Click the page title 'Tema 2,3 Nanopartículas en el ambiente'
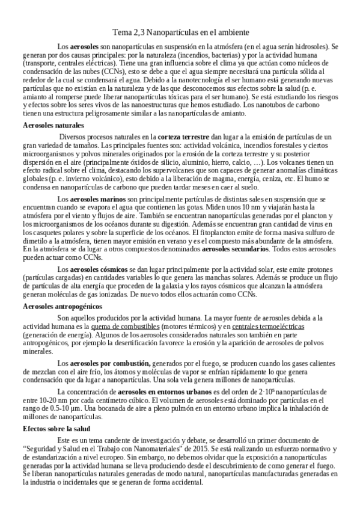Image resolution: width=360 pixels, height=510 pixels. coord(180,31)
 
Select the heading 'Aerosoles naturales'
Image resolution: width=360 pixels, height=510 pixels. coord(53,125)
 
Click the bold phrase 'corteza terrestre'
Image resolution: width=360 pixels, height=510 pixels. coord(183,138)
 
